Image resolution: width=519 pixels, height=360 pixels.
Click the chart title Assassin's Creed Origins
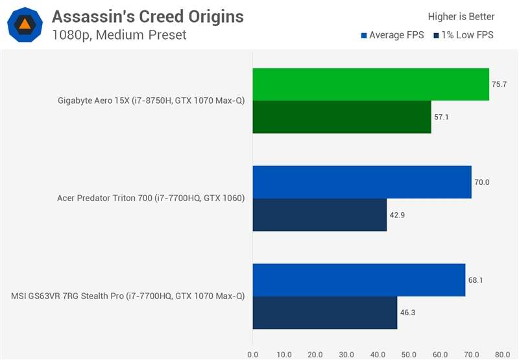148,16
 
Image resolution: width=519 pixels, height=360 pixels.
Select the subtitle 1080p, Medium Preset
119,35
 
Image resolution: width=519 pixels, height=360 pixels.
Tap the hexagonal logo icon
25,25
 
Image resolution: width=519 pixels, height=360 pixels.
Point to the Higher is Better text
461,17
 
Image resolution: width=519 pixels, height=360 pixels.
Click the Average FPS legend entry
392,35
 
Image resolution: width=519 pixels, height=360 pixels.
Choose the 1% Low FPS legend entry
463,35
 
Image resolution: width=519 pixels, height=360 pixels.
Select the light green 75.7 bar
370,84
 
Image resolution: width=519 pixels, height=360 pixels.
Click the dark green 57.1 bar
342,117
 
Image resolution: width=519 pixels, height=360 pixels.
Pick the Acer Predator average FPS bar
362,182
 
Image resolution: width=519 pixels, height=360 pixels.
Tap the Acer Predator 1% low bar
319,215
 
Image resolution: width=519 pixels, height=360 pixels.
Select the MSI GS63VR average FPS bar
359,280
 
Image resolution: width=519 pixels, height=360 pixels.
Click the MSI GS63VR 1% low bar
324,313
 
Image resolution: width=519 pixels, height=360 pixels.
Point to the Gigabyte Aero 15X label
151,101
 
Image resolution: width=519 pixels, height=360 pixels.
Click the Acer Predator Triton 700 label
151,198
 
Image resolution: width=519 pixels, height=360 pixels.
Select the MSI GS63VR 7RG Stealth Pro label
128,296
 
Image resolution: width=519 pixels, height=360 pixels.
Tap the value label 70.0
482,182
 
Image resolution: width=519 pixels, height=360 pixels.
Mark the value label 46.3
408,313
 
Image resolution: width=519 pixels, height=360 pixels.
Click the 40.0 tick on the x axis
378,354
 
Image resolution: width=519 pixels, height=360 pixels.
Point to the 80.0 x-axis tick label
502,354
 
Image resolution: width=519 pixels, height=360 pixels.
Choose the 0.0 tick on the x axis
252,354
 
